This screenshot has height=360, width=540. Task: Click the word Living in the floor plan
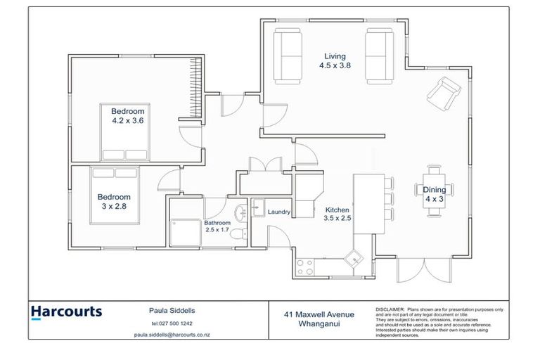coord(335,56)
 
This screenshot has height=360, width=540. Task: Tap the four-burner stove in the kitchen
coord(306,266)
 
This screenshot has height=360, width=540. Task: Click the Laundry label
coord(279,210)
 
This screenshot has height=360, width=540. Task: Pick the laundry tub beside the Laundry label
coord(258,207)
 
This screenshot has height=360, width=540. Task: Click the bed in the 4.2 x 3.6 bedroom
coord(124,146)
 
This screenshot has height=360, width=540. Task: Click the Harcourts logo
coord(66,312)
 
